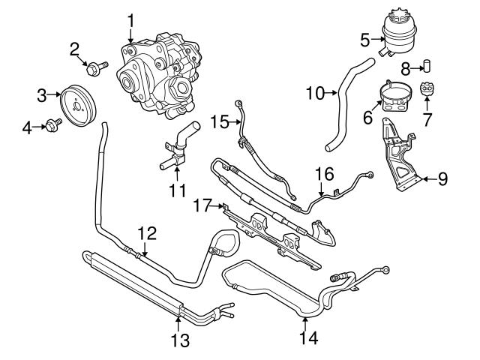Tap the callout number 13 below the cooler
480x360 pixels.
point(178,341)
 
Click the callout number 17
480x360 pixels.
point(199,204)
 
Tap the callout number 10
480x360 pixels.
point(315,94)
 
